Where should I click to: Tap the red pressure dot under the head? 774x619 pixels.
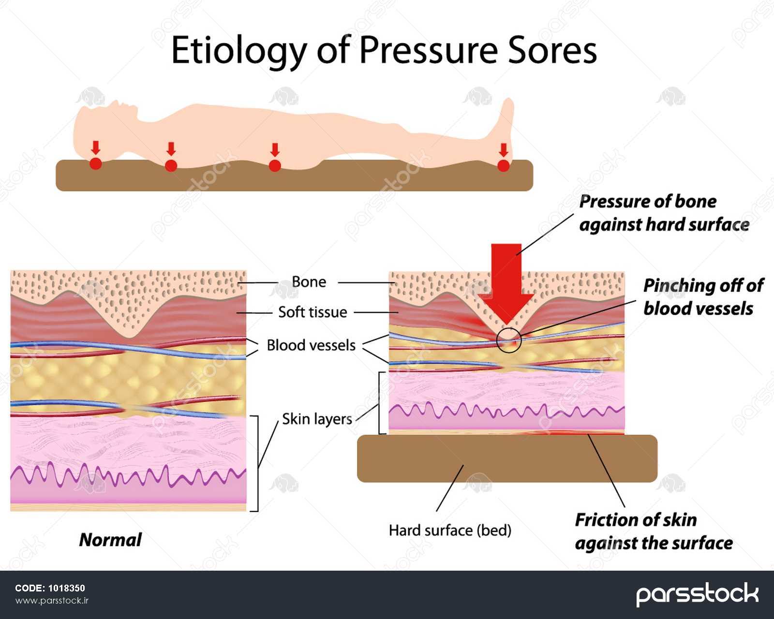coord(96,163)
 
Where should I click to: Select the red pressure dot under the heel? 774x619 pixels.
coord(504,165)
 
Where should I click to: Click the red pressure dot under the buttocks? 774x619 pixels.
coord(275,165)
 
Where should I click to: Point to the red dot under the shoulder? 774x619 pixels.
coord(171,165)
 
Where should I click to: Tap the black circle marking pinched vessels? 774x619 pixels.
coord(509,339)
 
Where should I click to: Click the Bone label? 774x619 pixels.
coord(309,282)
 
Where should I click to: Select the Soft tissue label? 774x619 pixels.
coord(313,312)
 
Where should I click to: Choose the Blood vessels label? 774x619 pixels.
coord(311,345)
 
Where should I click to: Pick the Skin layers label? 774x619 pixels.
coord(317,419)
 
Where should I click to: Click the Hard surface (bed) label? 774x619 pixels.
coord(450,531)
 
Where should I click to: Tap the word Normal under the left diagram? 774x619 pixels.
coord(110,540)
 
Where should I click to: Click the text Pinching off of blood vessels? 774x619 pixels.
coord(703,297)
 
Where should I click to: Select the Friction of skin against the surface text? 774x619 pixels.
coord(653,531)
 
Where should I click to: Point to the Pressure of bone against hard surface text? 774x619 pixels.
coord(664,213)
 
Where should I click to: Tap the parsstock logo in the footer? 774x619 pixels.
coord(697,594)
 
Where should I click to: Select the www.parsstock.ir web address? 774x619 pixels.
coord(52,601)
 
